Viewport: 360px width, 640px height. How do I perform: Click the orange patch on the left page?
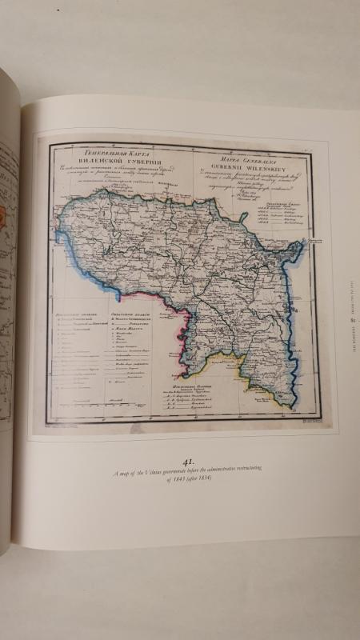coord(5,217)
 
